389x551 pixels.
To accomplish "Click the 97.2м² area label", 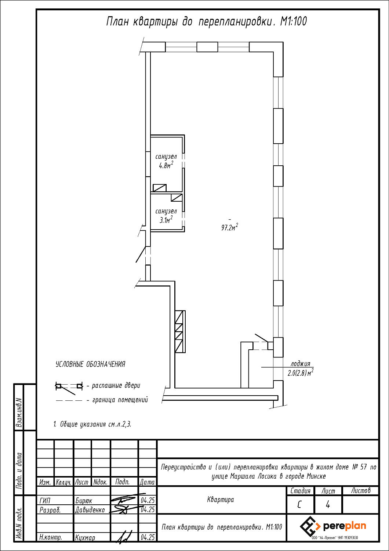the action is (x=229, y=227).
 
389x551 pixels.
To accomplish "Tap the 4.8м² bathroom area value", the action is (x=166, y=165).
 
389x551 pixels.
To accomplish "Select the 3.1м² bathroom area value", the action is (x=166, y=220).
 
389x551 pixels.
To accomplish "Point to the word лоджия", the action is (x=300, y=364).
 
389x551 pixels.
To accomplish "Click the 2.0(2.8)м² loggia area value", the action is (x=301, y=373).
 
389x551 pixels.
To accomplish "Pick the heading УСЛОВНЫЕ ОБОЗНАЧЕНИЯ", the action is (x=90, y=364).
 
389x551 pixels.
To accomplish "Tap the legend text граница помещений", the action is (x=120, y=400).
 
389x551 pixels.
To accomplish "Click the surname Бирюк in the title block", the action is (x=84, y=501).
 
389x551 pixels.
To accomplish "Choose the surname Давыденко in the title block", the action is (x=90, y=510).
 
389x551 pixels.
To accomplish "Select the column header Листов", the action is (x=360, y=491).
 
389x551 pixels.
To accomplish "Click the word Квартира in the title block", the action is (x=221, y=500).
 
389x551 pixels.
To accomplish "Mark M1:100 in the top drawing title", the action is (x=294, y=22).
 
